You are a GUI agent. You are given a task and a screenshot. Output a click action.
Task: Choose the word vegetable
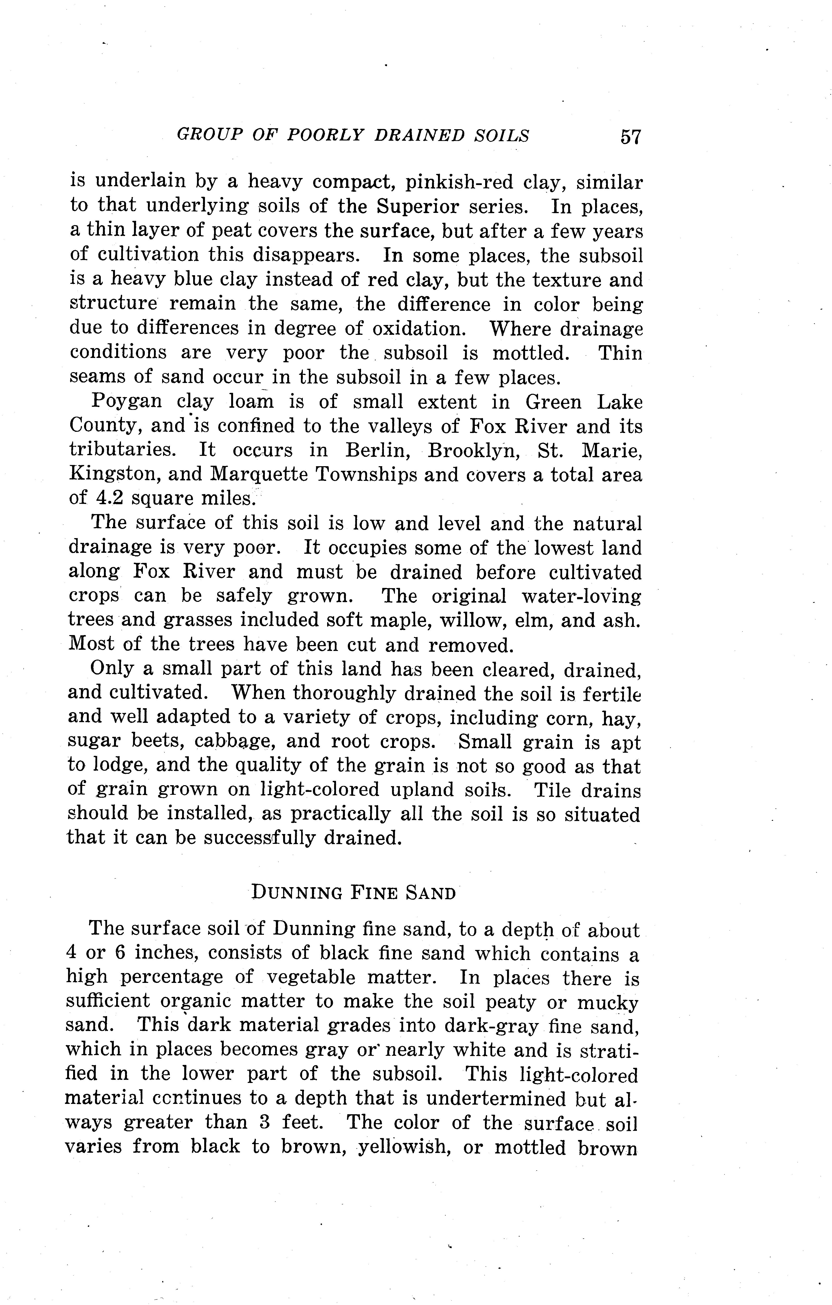(313, 978)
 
